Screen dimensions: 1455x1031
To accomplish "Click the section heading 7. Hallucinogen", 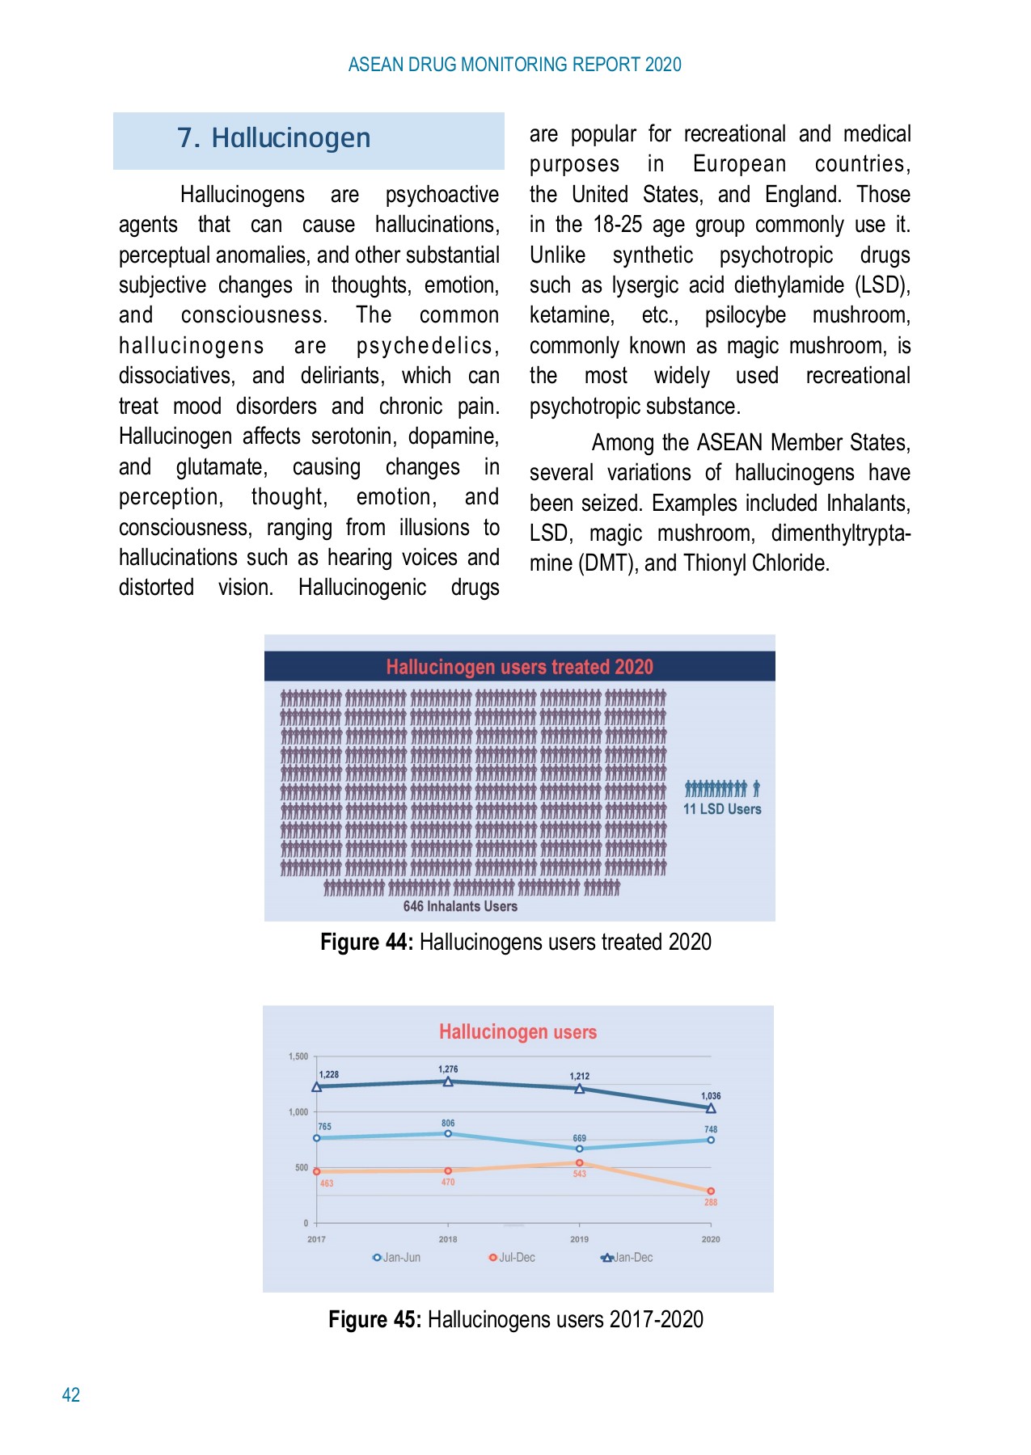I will point(273,138).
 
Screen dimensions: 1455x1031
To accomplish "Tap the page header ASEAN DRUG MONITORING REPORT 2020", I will point(514,65).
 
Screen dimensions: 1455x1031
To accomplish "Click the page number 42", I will point(71,1394).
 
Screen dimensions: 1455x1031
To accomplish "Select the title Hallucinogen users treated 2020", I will point(519,667).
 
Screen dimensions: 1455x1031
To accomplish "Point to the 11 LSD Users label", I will point(722,809).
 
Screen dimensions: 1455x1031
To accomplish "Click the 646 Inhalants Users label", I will point(460,906).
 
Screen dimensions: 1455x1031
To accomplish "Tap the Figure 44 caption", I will point(515,943).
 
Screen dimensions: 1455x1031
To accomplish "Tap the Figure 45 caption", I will point(515,1319).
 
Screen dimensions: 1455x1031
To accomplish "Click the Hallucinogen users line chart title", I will point(518,1032).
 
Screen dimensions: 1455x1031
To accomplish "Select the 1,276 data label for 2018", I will point(448,1069).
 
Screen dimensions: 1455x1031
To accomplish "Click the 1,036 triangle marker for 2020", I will point(711,1108).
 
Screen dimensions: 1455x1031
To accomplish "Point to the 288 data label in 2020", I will point(711,1202).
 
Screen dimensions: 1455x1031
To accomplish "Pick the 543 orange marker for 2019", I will point(579,1163).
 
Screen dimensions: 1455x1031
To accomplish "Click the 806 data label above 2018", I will point(448,1123).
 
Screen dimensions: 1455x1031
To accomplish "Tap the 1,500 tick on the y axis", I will point(298,1056).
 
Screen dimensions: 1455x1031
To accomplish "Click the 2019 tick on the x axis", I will point(579,1239).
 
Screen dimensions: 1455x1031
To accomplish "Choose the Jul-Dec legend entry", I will point(512,1258).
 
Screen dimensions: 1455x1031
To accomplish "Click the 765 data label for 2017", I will point(324,1126).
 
